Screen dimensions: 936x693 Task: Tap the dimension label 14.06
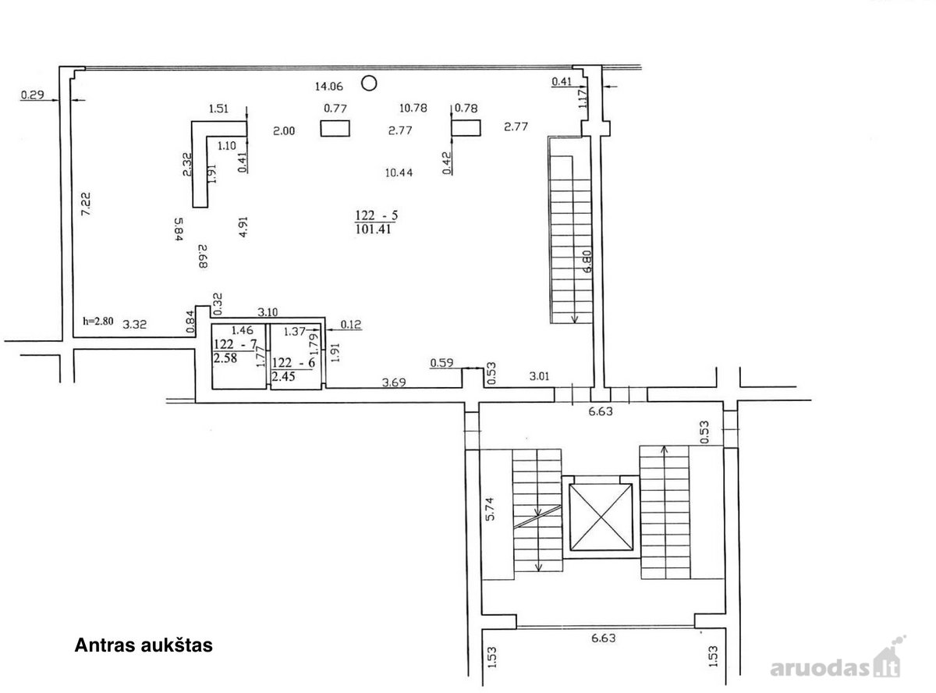328,87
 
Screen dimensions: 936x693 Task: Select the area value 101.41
373,229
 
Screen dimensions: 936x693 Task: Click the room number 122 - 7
235,344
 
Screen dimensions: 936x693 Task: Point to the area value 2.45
283,376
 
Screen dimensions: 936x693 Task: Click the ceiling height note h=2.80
98,322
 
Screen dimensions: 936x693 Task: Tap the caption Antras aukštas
144,645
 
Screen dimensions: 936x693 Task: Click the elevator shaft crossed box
601,517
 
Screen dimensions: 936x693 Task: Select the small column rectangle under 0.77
335,129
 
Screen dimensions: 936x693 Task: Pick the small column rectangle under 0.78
466,128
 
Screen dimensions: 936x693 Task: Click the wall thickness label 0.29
33,94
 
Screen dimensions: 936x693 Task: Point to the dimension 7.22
86,204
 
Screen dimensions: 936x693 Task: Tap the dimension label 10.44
399,172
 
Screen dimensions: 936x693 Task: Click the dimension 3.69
394,382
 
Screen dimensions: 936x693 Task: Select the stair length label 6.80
587,262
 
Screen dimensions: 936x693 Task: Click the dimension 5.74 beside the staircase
490,509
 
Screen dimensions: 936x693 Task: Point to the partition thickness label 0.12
351,325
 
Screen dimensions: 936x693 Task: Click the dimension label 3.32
135,325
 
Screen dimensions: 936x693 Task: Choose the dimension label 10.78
413,108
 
